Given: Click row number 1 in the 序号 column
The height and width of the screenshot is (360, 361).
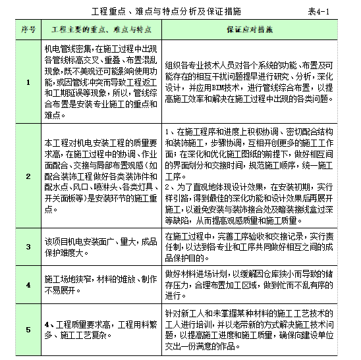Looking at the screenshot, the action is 28,82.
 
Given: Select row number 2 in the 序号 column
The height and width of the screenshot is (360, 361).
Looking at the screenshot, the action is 28,176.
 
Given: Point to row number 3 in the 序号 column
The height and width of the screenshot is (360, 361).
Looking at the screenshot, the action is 28,247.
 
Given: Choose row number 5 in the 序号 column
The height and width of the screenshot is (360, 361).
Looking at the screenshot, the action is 28,328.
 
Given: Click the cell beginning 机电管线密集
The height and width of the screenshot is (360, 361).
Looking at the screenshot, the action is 100,82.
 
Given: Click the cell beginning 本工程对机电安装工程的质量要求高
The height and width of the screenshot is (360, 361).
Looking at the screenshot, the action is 100,176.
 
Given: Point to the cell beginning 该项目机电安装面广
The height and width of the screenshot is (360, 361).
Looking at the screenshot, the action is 100,247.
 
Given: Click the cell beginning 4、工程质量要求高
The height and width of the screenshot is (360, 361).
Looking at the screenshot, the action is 100,328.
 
